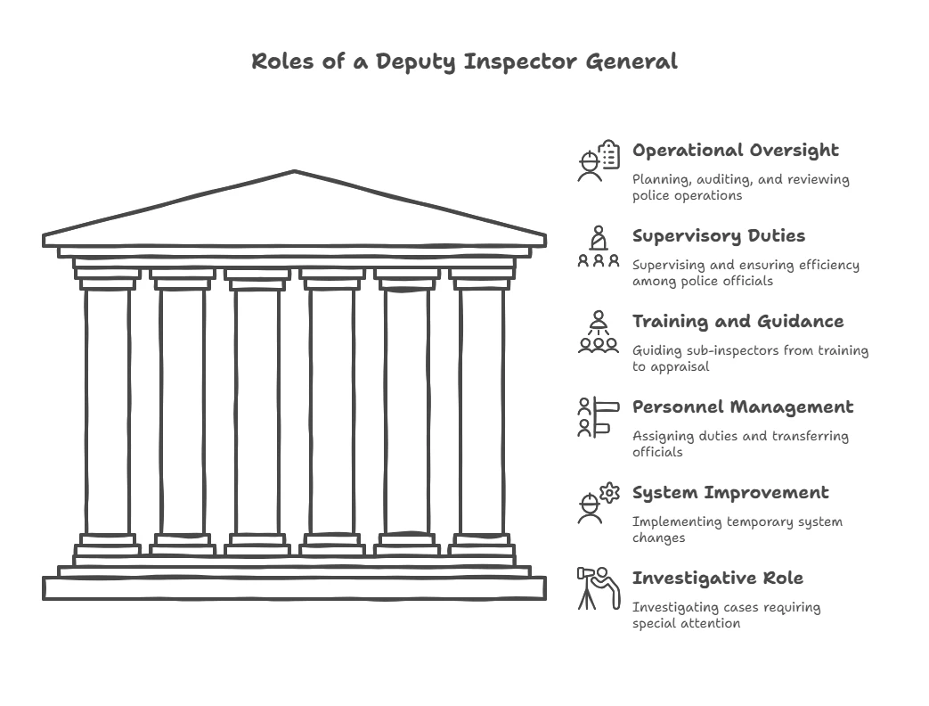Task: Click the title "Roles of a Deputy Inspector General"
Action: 464,62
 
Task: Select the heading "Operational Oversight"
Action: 735,151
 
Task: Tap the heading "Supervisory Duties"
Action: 718,236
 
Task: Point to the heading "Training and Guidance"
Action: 737,322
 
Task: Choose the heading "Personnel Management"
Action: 742,407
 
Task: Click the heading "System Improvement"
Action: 729,493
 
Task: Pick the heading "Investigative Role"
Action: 717,579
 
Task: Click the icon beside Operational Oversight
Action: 599,160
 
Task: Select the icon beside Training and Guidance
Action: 599,332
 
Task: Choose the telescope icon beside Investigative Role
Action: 599,588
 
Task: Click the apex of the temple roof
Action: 294,172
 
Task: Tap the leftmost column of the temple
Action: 108,410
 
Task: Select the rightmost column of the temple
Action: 482,410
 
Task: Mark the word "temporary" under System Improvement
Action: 746,522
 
